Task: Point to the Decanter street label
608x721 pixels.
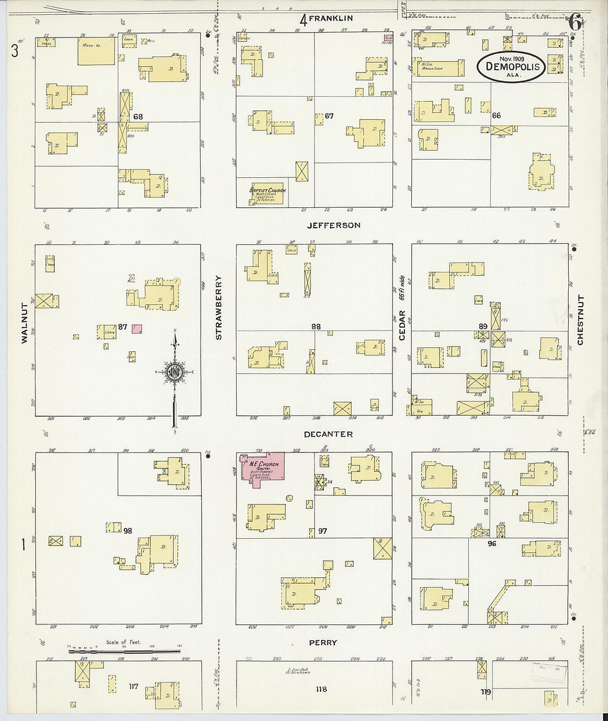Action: (x=328, y=434)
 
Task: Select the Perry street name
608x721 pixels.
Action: (x=323, y=643)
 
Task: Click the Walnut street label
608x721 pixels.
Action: (x=24, y=323)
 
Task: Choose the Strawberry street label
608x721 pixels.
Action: (x=218, y=307)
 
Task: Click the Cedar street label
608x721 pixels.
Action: (x=402, y=325)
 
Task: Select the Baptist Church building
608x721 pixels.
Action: (x=267, y=194)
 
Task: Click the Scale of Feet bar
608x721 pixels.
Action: (x=125, y=651)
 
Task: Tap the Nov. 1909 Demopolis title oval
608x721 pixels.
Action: (x=511, y=66)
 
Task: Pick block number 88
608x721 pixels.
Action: (x=315, y=327)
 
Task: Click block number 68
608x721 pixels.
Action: (x=138, y=117)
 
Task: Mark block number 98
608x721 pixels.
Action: (x=128, y=531)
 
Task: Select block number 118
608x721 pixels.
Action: (x=321, y=689)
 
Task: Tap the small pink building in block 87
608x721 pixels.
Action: (x=137, y=329)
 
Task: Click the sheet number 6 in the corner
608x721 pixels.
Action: (x=574, y=23)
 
